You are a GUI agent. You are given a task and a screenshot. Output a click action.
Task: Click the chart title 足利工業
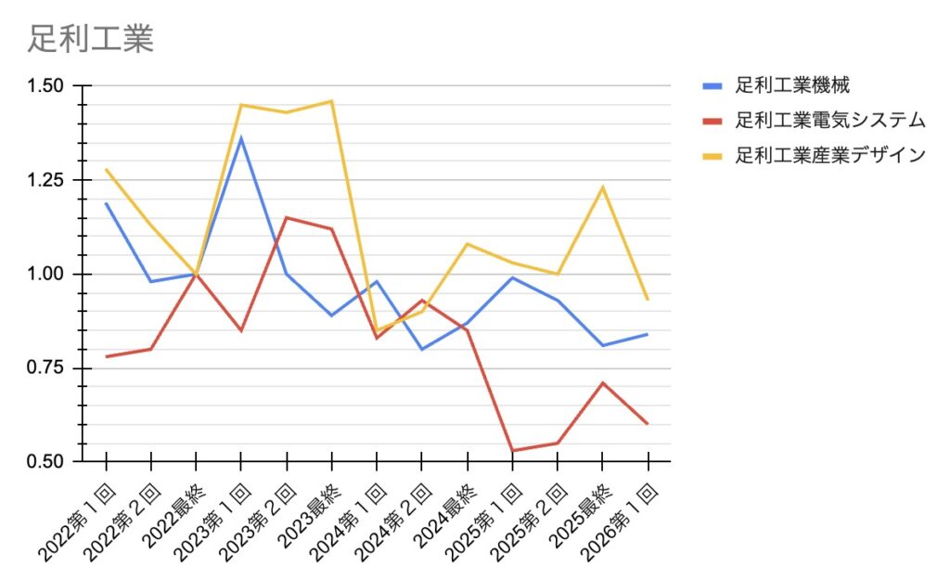[x=90, y=39]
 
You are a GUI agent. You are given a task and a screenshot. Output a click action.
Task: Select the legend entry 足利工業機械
[x=792, y=86]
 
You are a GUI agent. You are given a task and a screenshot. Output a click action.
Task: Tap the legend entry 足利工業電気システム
[x=830, y=121]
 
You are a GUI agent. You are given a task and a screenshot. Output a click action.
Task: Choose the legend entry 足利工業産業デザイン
[x=830, y=155]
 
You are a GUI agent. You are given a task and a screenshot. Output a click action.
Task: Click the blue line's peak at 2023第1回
[x=241, y=138]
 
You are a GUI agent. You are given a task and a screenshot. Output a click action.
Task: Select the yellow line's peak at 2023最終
[x=332, y=100]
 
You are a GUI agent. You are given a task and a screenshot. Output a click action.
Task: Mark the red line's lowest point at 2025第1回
[x=512, y=451]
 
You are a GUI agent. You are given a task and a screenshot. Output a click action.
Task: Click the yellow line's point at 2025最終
[x=603, y=187]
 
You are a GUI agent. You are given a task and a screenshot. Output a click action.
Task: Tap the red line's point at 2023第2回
[x=287, y=218]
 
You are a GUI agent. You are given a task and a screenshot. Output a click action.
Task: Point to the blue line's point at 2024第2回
[x=422, y=349]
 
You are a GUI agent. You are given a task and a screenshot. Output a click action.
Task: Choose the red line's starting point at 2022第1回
[x=107, y=356]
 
